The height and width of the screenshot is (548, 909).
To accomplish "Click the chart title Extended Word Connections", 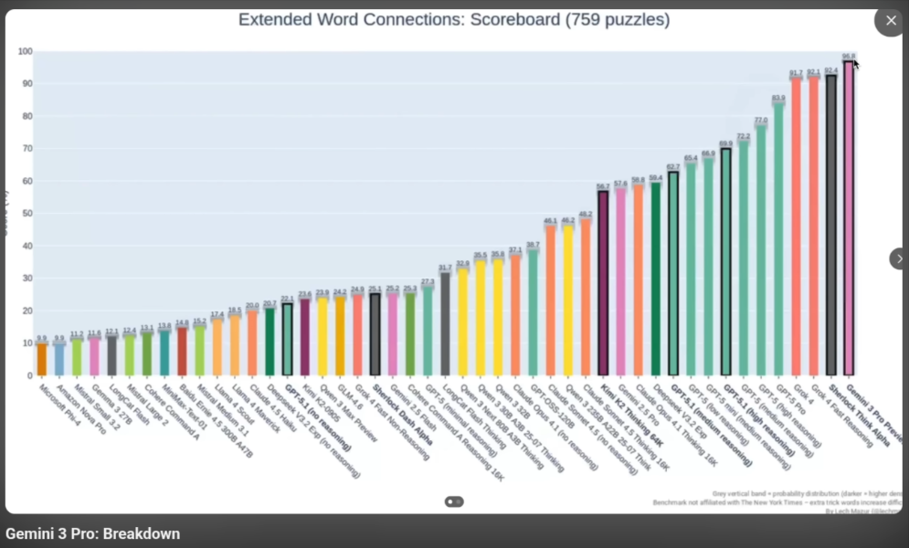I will point(454,19).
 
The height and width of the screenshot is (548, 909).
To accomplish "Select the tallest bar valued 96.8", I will point(849,219).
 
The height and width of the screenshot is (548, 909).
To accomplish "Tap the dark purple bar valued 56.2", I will point(603,283).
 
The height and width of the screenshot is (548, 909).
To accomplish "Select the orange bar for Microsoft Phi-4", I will point(42,359).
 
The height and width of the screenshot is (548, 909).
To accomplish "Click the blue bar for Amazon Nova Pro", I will point(59,359).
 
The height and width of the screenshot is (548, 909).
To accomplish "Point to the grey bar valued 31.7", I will point(445,323).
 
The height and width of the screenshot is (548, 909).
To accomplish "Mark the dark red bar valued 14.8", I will point(182,351).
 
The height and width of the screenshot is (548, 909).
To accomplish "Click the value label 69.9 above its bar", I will point(725,143).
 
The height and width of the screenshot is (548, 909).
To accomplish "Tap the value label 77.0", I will point(761,121).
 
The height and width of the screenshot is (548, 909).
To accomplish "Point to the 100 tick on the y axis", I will point(26,51).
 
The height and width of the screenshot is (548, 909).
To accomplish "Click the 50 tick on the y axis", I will point(27,214).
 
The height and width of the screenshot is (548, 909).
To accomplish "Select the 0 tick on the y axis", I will point(29,375).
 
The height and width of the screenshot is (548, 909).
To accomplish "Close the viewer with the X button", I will point(890,20).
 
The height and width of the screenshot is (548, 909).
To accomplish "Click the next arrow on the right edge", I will point(899,258).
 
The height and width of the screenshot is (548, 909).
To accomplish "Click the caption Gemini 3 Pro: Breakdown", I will point(93,533).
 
